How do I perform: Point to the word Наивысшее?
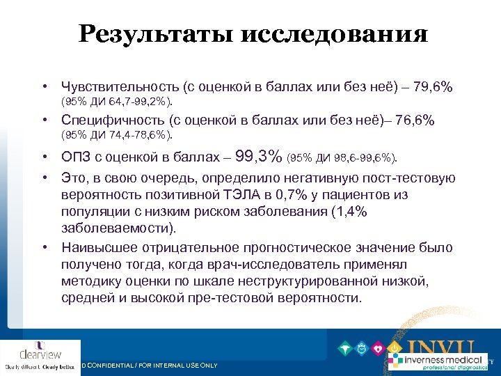pyautogui.click(x=95, y=248)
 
